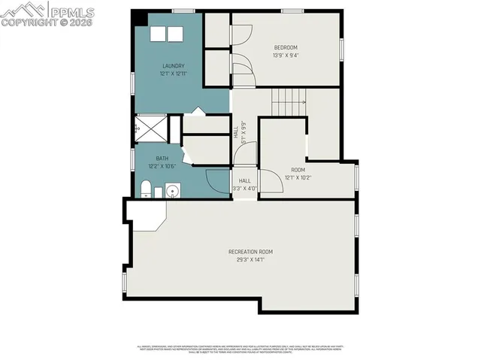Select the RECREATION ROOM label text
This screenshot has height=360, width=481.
(250, 251)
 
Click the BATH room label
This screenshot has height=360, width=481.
(162, 158)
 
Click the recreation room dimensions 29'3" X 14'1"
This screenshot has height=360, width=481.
(250, 259)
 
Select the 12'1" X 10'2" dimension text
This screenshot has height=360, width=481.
(298, 178)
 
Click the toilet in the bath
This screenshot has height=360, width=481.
(147, 188)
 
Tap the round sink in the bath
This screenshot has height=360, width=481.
(173, 192)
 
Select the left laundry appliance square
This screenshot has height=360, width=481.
(159, 35)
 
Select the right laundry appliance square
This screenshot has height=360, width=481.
(175, 35)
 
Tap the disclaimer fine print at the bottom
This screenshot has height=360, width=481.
(240, 348)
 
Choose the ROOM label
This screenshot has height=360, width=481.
(298, 170)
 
